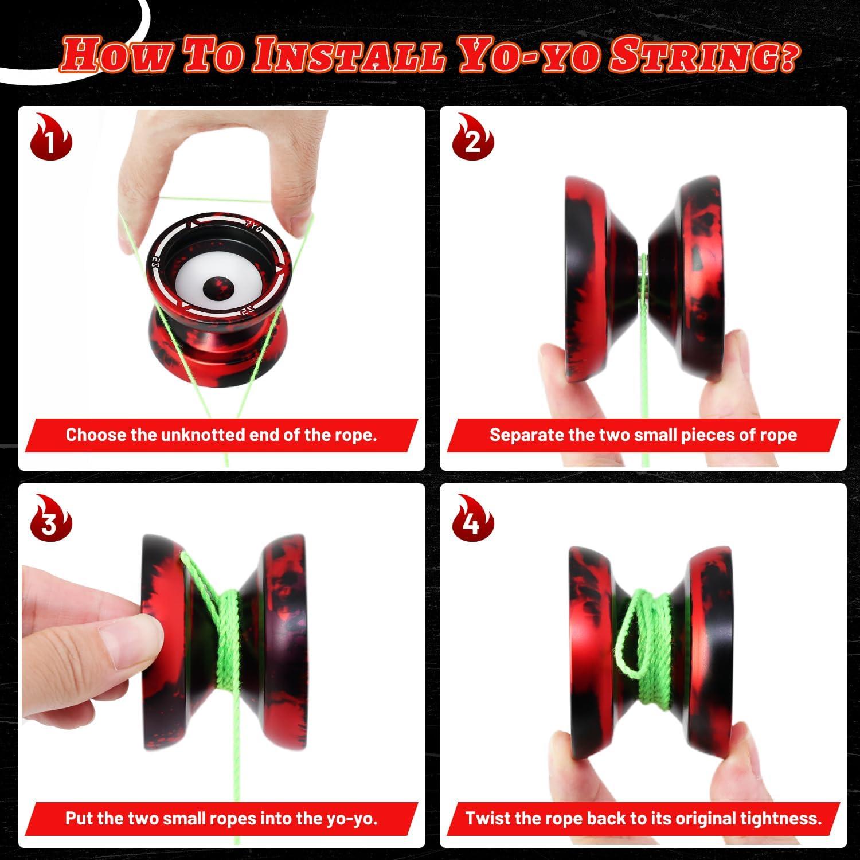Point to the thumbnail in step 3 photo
[x=129, y=646]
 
